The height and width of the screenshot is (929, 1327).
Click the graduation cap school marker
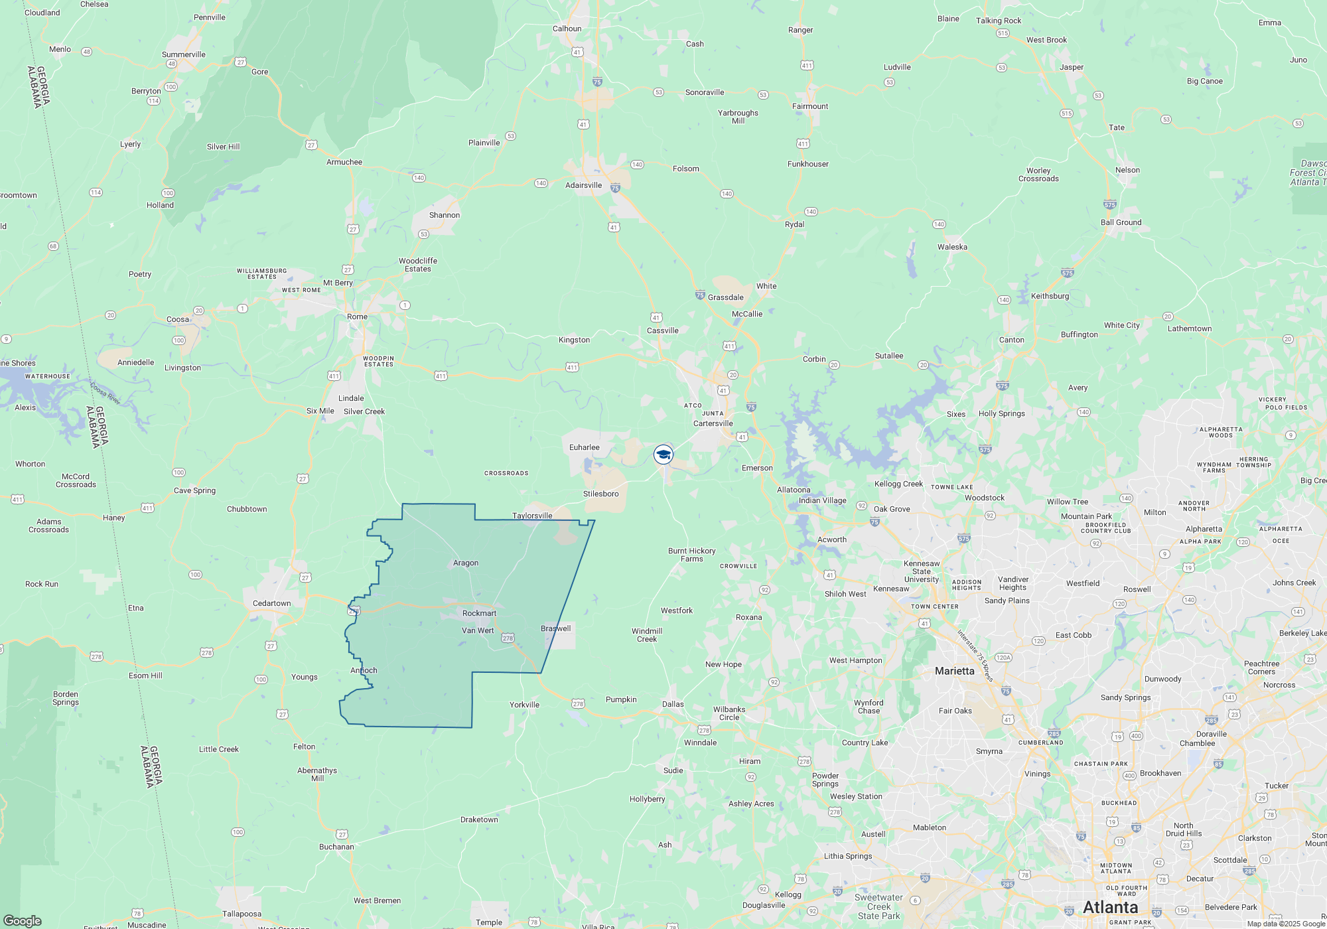point(663,455)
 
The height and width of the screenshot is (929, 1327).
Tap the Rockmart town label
point(479,613)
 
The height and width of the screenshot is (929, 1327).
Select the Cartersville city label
point(713,423)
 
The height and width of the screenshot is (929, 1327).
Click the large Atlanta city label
point(1110,907)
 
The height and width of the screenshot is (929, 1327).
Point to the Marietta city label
point(954,671)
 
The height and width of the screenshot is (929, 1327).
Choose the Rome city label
point(357,317)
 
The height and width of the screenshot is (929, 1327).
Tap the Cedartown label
point(271,603)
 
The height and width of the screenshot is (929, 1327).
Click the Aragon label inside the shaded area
point(465,563)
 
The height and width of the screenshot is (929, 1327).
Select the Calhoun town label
point(567,29)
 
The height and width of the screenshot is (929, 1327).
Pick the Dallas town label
point(672,704)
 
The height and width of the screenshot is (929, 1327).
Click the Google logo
point(22,921)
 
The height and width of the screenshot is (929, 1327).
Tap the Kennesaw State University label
point(921,571)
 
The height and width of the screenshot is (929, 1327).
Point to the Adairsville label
point(583,185)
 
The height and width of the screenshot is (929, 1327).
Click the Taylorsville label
point(531,516)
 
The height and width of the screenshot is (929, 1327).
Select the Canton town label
point(1011,340)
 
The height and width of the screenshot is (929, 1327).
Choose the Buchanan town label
point(336,847)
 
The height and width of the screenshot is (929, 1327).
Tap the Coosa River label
point(105,393)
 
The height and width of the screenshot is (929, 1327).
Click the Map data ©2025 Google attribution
point(1285,924)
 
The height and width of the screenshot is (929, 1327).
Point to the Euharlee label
point(584,447)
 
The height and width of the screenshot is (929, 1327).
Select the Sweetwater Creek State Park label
point(878,906)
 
